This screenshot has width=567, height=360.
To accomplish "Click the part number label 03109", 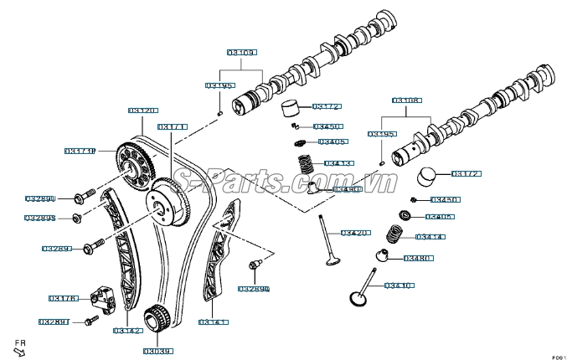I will [242, 52].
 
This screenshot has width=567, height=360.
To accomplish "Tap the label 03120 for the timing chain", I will [142, 110].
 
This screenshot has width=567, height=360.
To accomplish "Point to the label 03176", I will [64, 298].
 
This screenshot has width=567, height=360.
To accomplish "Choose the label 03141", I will [214, 321].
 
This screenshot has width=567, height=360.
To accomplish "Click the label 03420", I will [354, 232].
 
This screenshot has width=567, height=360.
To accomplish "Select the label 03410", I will [399, 285].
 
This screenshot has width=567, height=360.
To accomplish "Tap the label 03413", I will [338, 162].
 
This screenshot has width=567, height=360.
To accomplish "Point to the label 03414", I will [429, 237].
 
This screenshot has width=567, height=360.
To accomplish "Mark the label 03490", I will [347, 190].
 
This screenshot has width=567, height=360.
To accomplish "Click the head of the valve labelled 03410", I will [359, 298].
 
